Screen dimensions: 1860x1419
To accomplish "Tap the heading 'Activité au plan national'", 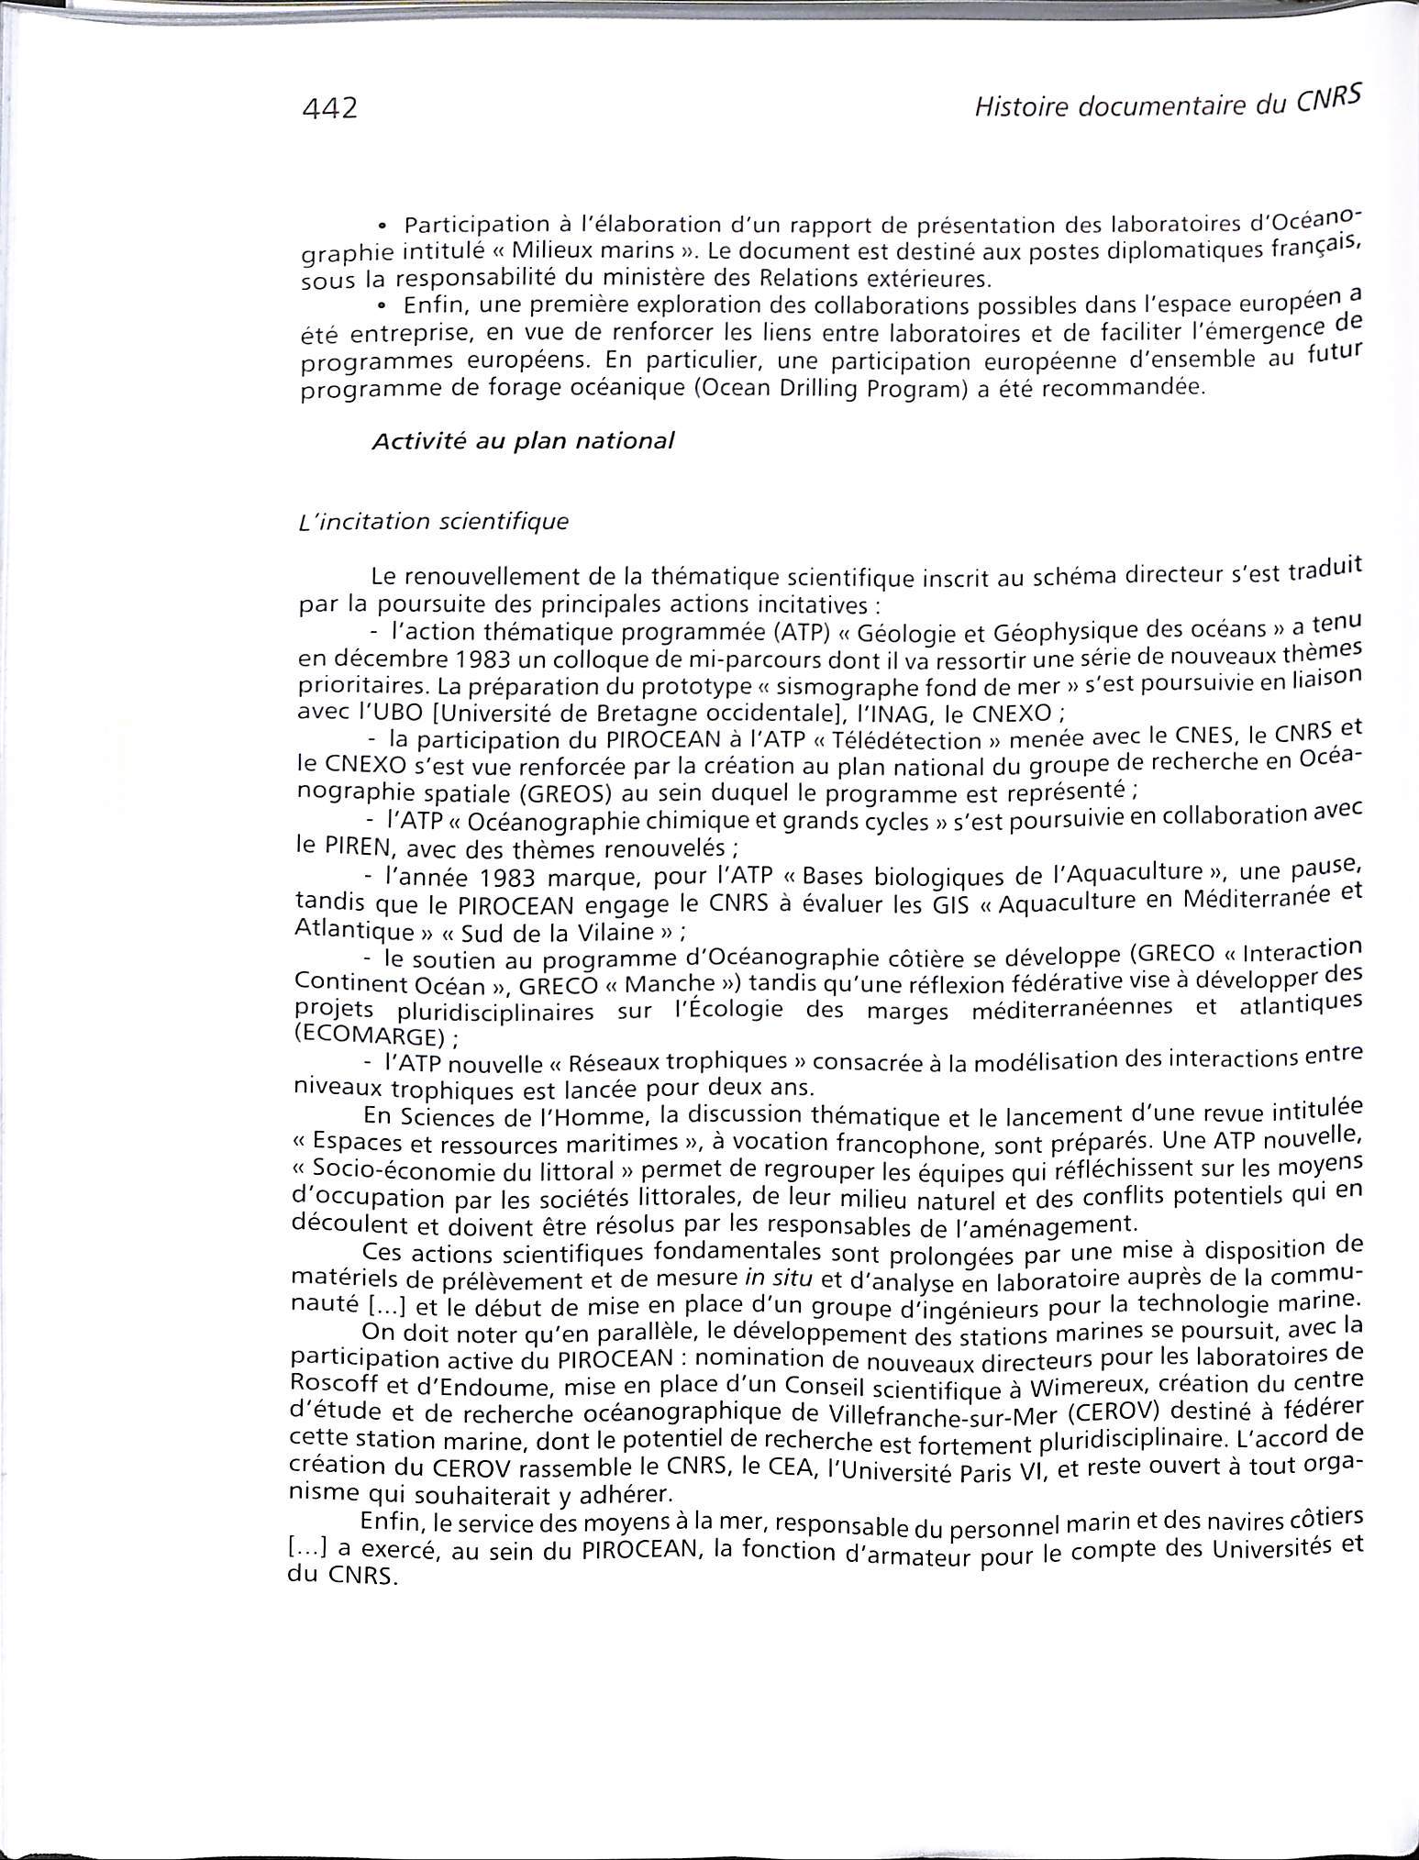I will point(523,441).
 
